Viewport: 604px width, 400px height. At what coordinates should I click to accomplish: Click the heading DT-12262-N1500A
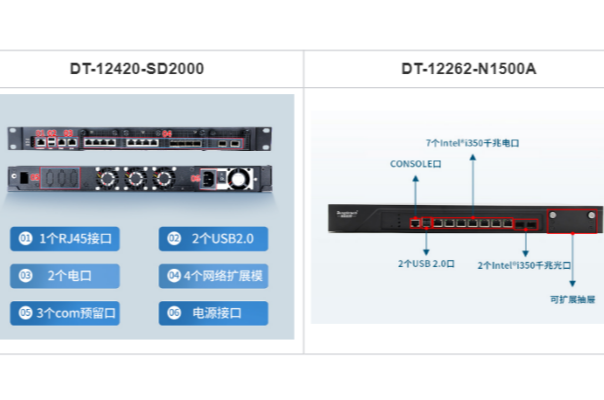[x=455, y=69]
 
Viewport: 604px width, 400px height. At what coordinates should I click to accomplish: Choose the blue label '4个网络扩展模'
[x=213, y=276]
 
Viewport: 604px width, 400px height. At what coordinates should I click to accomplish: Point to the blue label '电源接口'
[x=213, y=313]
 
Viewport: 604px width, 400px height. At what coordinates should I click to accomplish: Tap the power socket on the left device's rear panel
[x=211, y=181]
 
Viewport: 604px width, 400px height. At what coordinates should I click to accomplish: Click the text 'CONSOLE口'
[x=415, y=163]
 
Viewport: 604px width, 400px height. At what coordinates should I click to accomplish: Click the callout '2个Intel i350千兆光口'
[x=525, y=265]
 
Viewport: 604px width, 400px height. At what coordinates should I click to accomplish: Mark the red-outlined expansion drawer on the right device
[x=572, y=218]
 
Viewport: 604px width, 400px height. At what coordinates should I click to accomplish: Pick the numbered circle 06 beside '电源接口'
[x=173, y=313]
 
